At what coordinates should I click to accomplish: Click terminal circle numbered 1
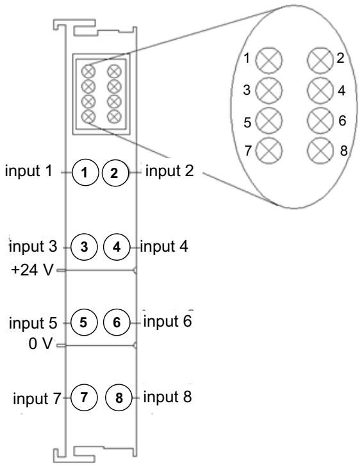click(x=85, y=172)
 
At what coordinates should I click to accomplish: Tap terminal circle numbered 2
click(x=115, y=173)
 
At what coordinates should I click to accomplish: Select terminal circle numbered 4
click(x=117, y=247)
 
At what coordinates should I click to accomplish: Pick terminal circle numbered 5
click(x=84, y=322)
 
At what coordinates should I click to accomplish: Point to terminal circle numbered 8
click(x=119, y=398)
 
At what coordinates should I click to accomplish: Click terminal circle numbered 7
click(x=84, y=397)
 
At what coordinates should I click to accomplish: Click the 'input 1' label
click(x=28, y=170)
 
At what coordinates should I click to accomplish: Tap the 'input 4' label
click(x=164, y=246)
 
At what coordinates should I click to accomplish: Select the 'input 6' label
click(x=168, y=321)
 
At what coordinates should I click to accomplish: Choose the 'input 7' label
click(x=37, y=398)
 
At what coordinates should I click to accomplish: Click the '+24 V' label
click(x=33, y=270)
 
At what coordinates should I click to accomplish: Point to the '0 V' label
click(x=40, y=344)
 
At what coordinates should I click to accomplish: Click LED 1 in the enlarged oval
click(x=269, y=60)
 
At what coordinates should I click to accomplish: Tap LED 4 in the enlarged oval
click(x=320, y=90)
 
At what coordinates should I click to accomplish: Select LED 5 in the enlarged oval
click(x=269, y=121)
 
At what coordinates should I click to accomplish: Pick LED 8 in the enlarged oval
click(x=320, y=151)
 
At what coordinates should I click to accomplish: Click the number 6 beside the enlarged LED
click(x=342, y=120)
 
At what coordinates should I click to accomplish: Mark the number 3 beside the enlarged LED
click(x=247, y=90)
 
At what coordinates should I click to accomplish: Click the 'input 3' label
click(x=33, y=247)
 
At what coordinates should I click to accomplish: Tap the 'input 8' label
click(x=168, y=397)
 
